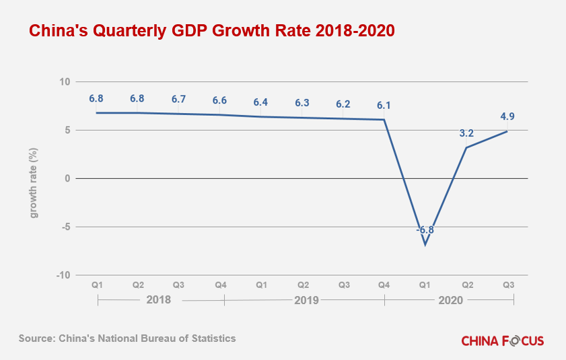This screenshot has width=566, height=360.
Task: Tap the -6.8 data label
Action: [x=425, y=229]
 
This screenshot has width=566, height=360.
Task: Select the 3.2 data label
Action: [x=466, y=133]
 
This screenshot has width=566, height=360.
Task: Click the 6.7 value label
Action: [x=178, y=99]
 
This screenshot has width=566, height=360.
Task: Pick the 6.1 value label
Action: [x=384, y=105]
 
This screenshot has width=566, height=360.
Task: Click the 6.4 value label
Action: [x=260, y=102]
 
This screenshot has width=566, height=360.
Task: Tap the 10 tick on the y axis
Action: [x=65, y=82]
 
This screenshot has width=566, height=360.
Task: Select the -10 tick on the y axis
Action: [x=63, y=275]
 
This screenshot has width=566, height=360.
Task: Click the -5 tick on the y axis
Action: [x=65, y=227]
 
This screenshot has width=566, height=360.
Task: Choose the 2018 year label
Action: [x=159, y=300]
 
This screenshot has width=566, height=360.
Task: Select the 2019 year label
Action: [x=306, y=300]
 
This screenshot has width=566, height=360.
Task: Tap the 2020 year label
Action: [x=450, y=300]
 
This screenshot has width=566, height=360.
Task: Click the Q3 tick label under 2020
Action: [x=508, y=285]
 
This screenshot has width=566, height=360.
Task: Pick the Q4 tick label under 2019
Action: [x=384, y=285]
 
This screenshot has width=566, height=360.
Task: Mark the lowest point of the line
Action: [x=425, y=244]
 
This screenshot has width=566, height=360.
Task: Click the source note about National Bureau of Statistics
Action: [x=127, y=338]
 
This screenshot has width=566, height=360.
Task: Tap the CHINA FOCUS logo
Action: [x=503, y=340]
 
